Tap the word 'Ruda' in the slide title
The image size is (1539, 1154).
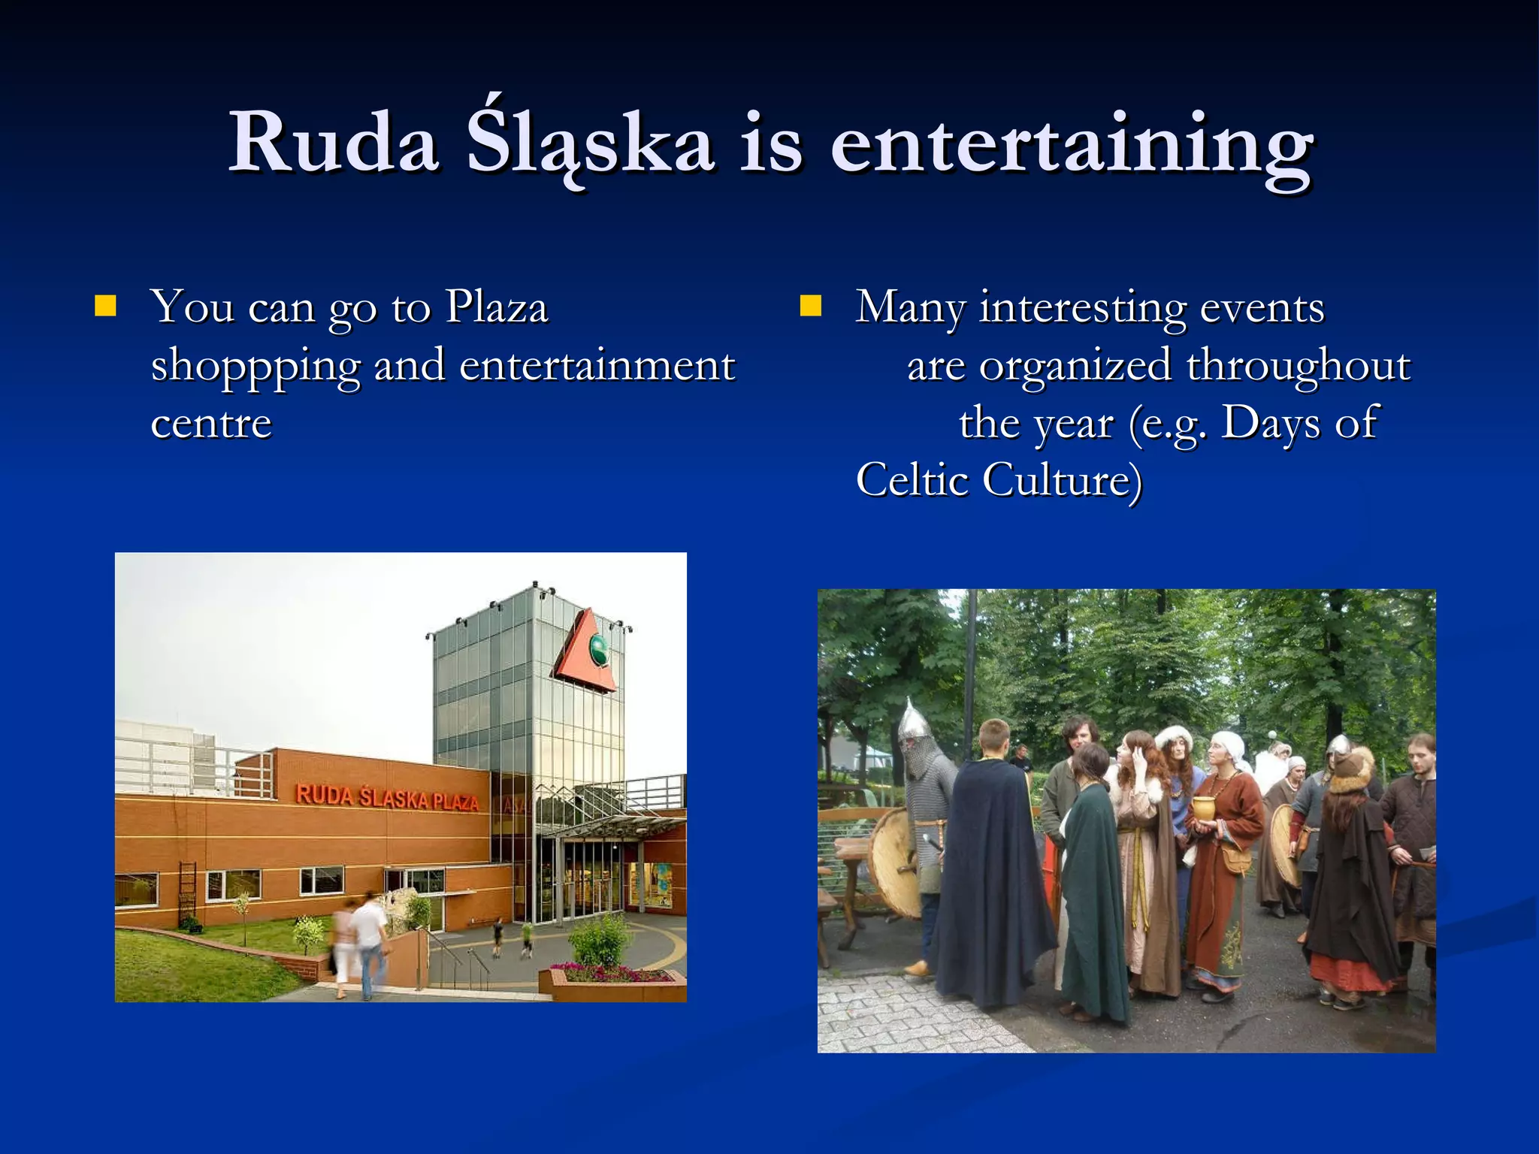pyautogui.click(x=334, y=143)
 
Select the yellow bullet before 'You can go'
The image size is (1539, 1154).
pyautogui.click(x=105, y=307)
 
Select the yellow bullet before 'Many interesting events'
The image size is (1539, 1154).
pyautogui.click(x=810, y=307)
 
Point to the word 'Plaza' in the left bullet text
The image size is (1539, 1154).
pyautogui.click(x=497, y=307)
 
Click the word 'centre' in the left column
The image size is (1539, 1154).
pyautogui.click(x=211, y=423)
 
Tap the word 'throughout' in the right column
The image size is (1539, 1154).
pyautogui.click(x=1298, y=366)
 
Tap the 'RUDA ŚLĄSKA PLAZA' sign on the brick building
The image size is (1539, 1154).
pyautogui.click(x=387, y=797)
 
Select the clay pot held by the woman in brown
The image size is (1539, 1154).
pyautogui.click(x=1203, y=808)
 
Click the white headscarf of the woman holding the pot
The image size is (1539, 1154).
pyautogui.click(x=1229, y=745)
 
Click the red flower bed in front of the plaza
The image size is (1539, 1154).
pyautogui.click(x=612, y=975)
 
